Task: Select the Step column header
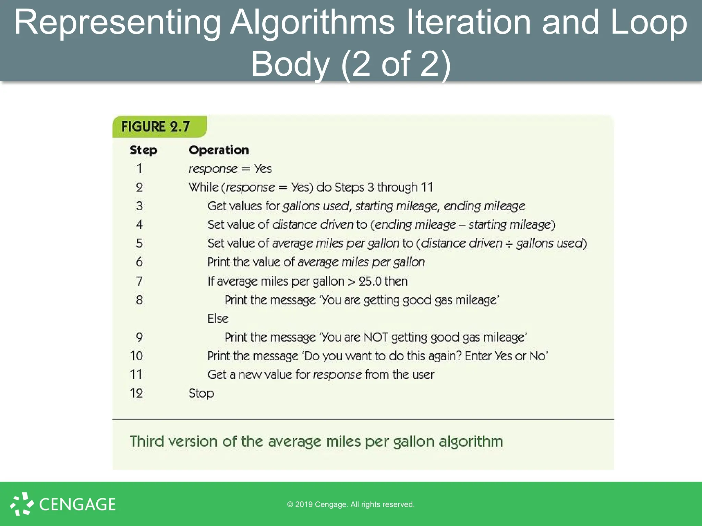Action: (143, 150)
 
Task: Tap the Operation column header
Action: (219, 150)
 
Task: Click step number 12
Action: (136, 393)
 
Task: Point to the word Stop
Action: (201, 393)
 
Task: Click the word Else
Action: (218, 318)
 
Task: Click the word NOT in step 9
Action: (376, 337)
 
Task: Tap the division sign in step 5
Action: (509, 243)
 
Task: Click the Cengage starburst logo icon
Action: (22, 504)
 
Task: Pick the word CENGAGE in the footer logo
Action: (77, 504)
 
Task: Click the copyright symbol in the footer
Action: (290, 504)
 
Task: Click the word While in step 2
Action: (203, 187)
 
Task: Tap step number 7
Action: (139, 281)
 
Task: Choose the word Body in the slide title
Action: (290, 64)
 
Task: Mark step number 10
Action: (136, 356)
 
